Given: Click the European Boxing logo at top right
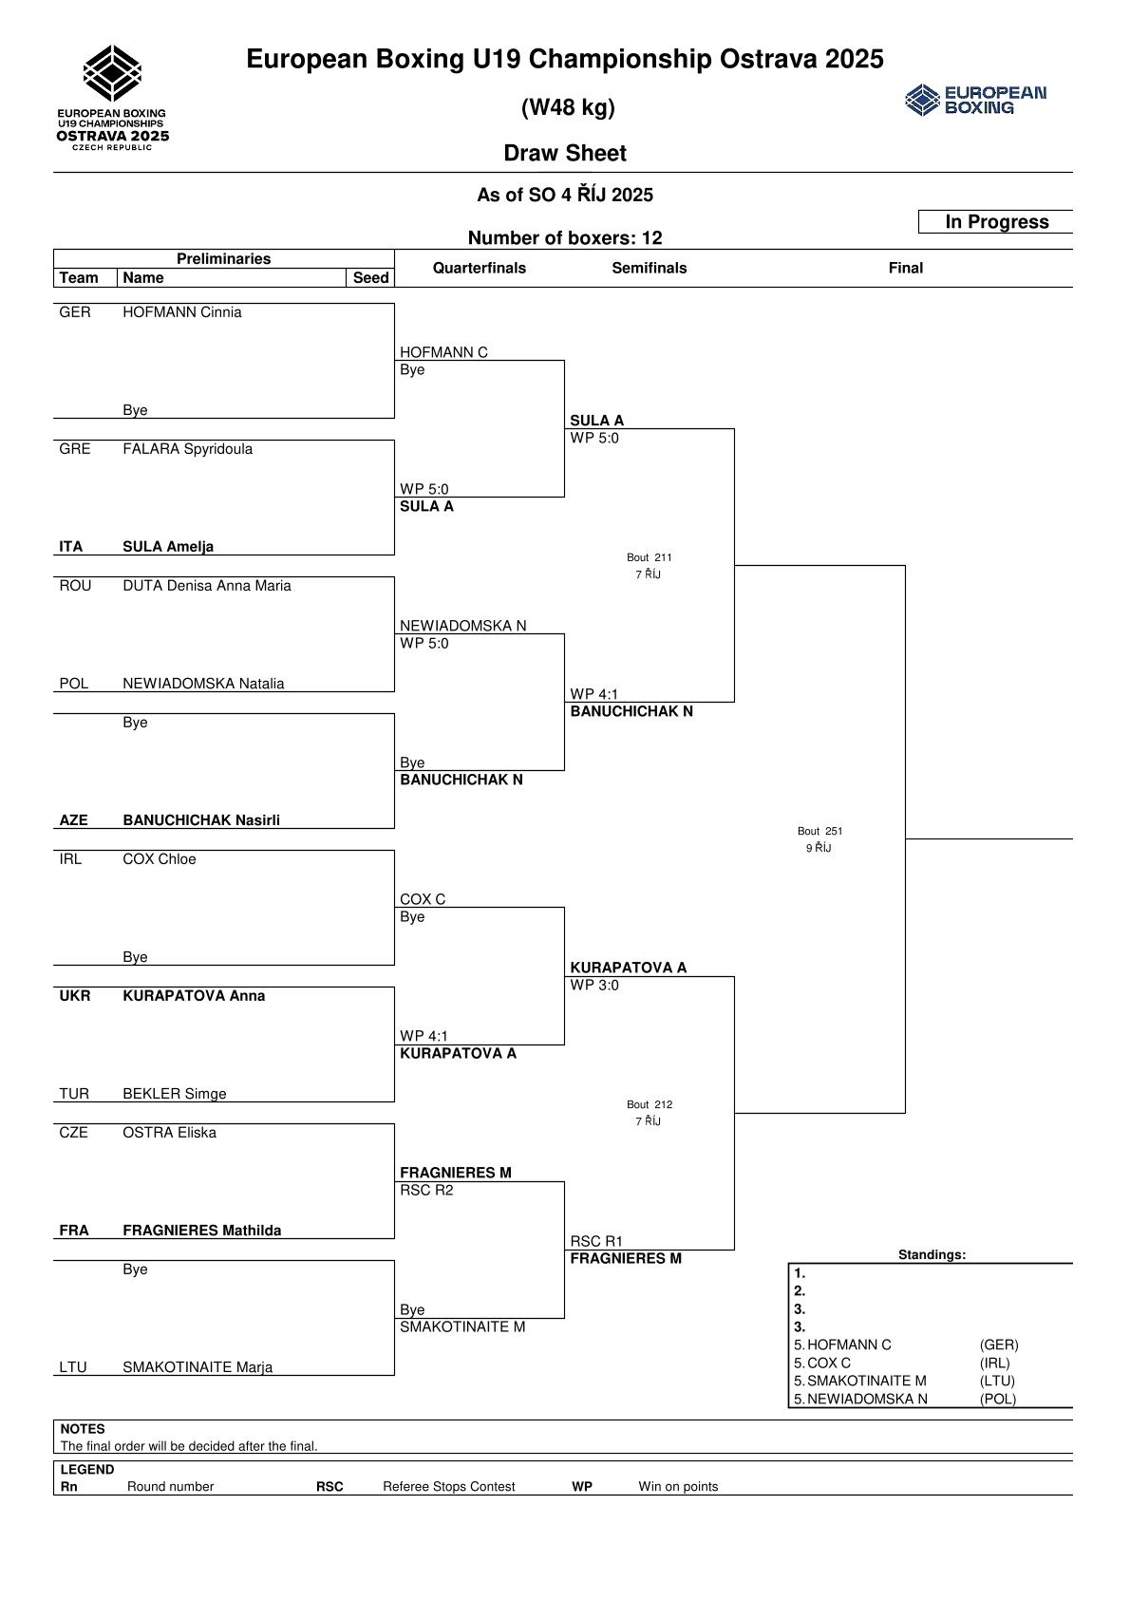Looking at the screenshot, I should (x=975, y=100).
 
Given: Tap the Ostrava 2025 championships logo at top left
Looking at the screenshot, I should (x=113, y=98).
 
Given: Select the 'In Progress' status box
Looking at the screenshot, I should (x=996, y=222).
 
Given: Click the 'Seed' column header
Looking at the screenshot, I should (x=370, y=278).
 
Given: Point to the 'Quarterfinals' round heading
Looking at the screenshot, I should (x=479, y=268).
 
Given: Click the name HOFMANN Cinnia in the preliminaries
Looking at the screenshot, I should (x=181, y=312).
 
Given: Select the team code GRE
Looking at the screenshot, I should (x=75, y=449).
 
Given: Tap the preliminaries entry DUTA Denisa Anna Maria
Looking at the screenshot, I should (x=206, y=586).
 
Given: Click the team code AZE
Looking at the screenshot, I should (x=73, y=820).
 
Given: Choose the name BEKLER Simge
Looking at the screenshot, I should (x=174, y=1094).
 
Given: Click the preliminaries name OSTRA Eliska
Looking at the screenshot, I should (x=169, y=1133).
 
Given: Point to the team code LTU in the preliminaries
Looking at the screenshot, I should (x=73, y=1367).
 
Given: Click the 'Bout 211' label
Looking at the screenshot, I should (x=649, y=557).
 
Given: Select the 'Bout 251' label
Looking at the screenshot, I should (x=819, y=831).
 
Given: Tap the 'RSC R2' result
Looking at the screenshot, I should (x=426, y=1191).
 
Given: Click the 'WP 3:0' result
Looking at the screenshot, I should (x=594, y=986).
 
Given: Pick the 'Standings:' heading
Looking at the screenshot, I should (x=932, y=1255).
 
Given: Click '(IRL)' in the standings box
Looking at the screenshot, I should (x=994, y=1364).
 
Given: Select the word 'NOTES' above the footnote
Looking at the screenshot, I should (x=83, y=1429).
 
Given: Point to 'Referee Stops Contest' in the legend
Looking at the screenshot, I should (x=448, y=1487).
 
